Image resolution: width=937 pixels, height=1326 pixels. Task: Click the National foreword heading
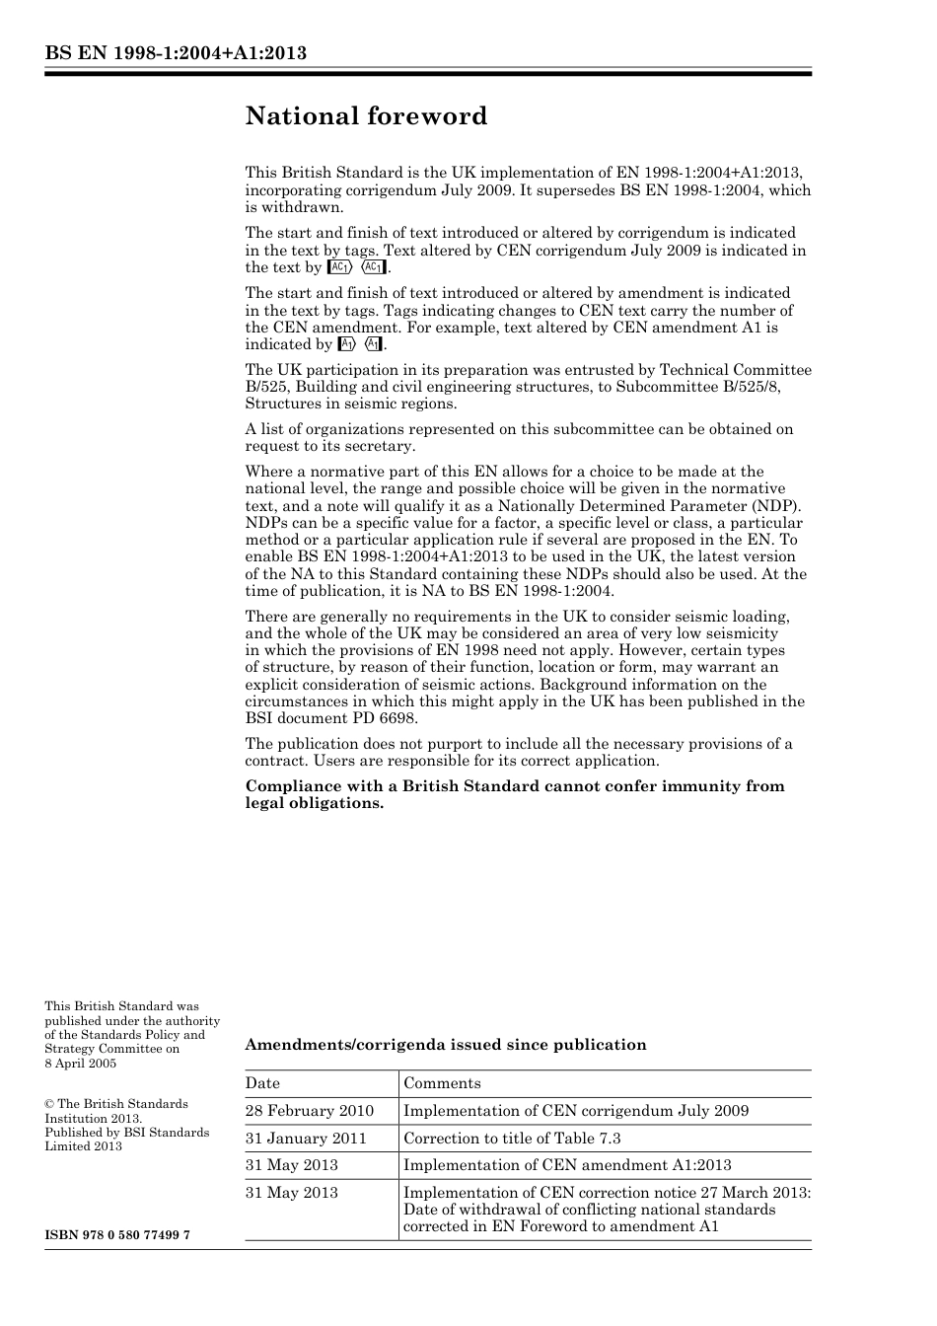[x=366, y=116]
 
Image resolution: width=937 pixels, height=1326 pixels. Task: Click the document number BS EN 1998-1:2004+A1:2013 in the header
[x=176, y=53]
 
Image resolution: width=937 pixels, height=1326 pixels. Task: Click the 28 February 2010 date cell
[x=310, y=1111]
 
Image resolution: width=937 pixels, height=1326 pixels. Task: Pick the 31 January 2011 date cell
[x=306, y=1139]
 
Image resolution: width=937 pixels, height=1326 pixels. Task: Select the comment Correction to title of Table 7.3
[x=512, y=1139]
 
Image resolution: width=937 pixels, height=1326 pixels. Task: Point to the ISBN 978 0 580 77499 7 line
[x=117, y=1235]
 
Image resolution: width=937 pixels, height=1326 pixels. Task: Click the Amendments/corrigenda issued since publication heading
[x=446, y=1045]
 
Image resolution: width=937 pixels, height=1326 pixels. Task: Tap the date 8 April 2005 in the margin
[x=80, y=1063]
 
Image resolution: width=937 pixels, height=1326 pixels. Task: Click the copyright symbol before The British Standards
[x=49, y=1104]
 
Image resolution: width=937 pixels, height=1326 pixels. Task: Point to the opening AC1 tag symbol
[x=340, y=267]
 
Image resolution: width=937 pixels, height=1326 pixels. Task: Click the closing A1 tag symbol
[x=374, y=344]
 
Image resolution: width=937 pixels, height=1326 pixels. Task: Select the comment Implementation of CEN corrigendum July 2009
[x=576, y=1111]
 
